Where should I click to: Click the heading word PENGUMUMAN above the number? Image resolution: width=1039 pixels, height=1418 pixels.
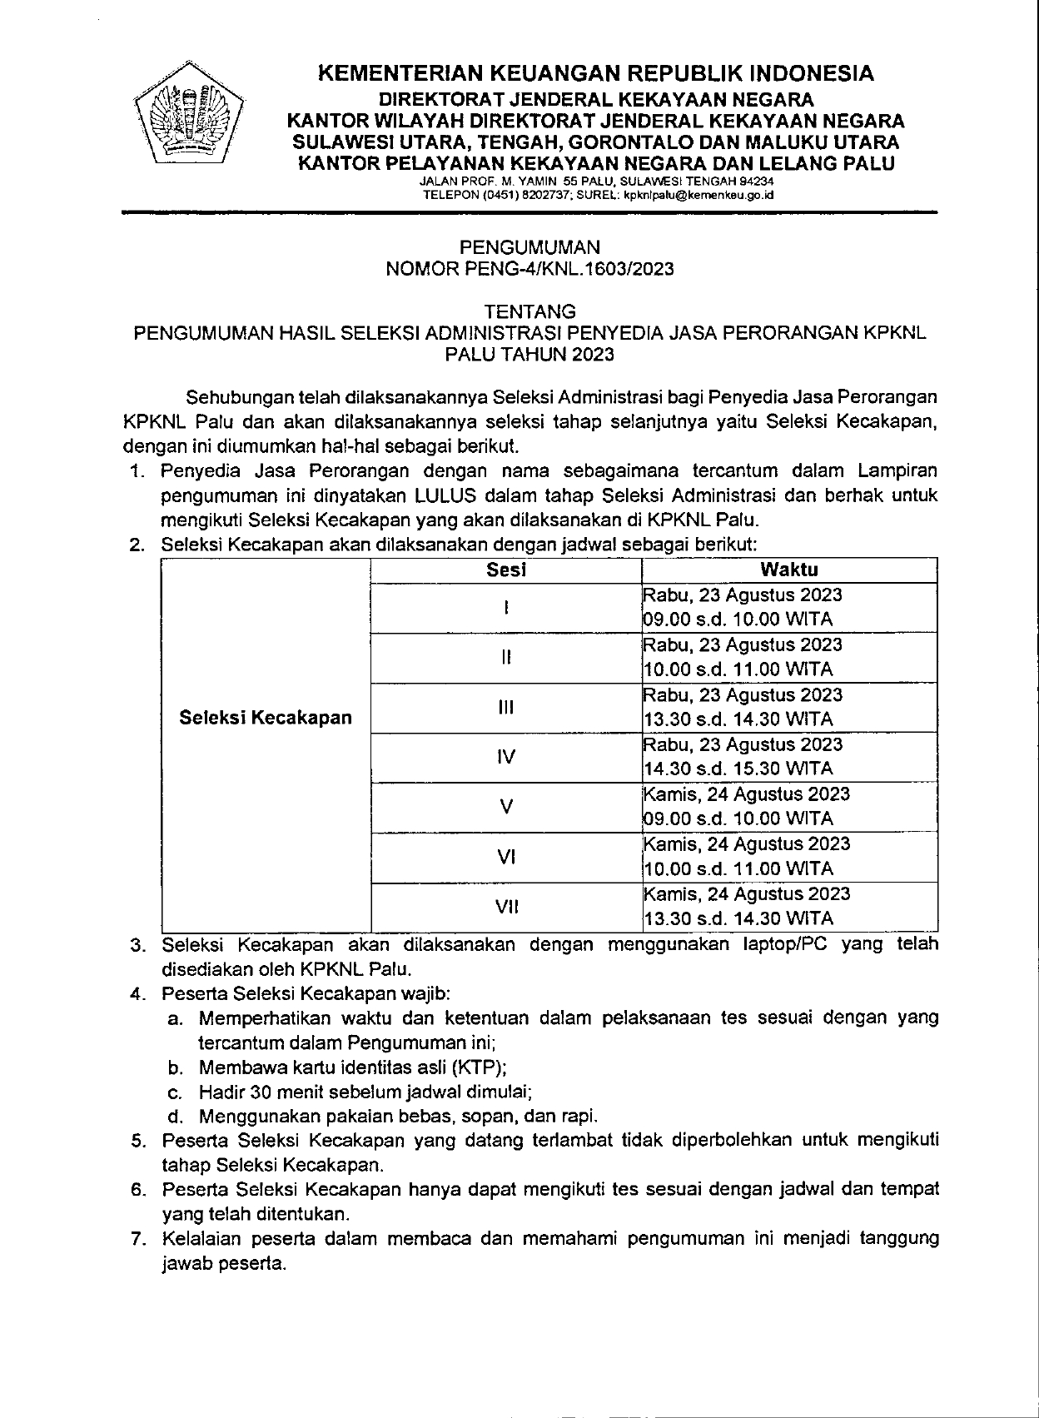point(530,247)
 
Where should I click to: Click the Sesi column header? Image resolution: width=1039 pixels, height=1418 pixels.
point(506,570)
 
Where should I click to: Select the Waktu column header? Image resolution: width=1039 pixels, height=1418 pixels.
point(788,570)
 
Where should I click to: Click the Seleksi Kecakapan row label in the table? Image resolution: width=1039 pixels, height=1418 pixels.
point(266,718)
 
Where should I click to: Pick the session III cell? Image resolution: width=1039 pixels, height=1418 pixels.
point(506,708)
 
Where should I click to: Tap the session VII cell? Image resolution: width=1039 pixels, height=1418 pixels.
point(506,907)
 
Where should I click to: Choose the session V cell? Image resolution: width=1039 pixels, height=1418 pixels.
point(506,807)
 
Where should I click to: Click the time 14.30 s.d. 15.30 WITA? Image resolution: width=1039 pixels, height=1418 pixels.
point(738,769)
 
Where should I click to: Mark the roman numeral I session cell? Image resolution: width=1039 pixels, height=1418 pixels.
point(506,608)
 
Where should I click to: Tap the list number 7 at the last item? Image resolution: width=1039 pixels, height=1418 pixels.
point(138,1239)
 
